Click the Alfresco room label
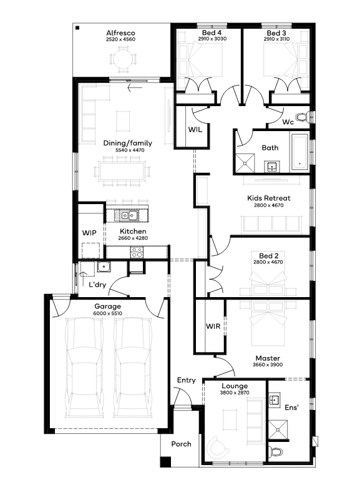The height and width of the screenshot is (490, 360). coord(120,33)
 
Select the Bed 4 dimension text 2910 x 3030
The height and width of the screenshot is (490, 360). coord(212,39)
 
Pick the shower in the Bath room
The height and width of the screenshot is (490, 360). coord(245,163)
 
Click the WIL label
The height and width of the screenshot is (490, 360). coord(195,129)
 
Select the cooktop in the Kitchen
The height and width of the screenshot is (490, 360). coord(137,252)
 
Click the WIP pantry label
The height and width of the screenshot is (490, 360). coord(89,233)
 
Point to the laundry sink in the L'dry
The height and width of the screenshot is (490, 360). coord(104,267)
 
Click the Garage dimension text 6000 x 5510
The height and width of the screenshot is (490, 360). coord(108,313)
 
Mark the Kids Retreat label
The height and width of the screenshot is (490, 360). coord(269,198)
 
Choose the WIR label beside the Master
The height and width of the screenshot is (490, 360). coord(213,326)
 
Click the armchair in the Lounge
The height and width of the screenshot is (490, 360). coord(218,447)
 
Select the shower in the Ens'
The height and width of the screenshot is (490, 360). coord(278,429)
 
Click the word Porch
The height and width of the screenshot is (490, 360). coord(181,444)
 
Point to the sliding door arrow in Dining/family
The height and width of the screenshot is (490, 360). coord(135,88)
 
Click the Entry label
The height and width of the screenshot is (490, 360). coord(187,380)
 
